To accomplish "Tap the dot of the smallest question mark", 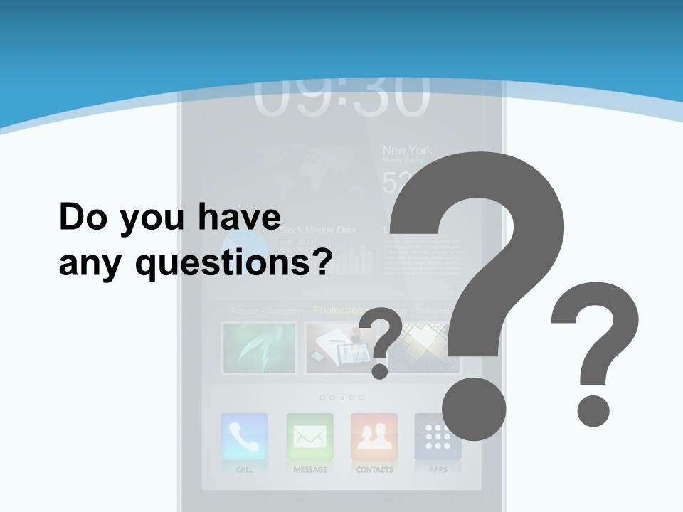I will (379, 370).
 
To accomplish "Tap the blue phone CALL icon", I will (245, 437).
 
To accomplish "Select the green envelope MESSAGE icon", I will (309, 437).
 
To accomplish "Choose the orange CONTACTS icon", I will (374, 437).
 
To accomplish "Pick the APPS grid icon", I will (438, 437).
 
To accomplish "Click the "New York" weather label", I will (407, 151).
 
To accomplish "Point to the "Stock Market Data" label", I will (318, 230).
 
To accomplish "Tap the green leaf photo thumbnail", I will (259, 348).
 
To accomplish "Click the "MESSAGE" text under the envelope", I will (309, 470).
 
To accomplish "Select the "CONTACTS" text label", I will (374, 470).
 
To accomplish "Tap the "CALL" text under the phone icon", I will (245, 470).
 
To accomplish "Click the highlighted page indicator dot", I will (341, 398).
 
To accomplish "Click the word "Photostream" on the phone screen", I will (339, 311).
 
